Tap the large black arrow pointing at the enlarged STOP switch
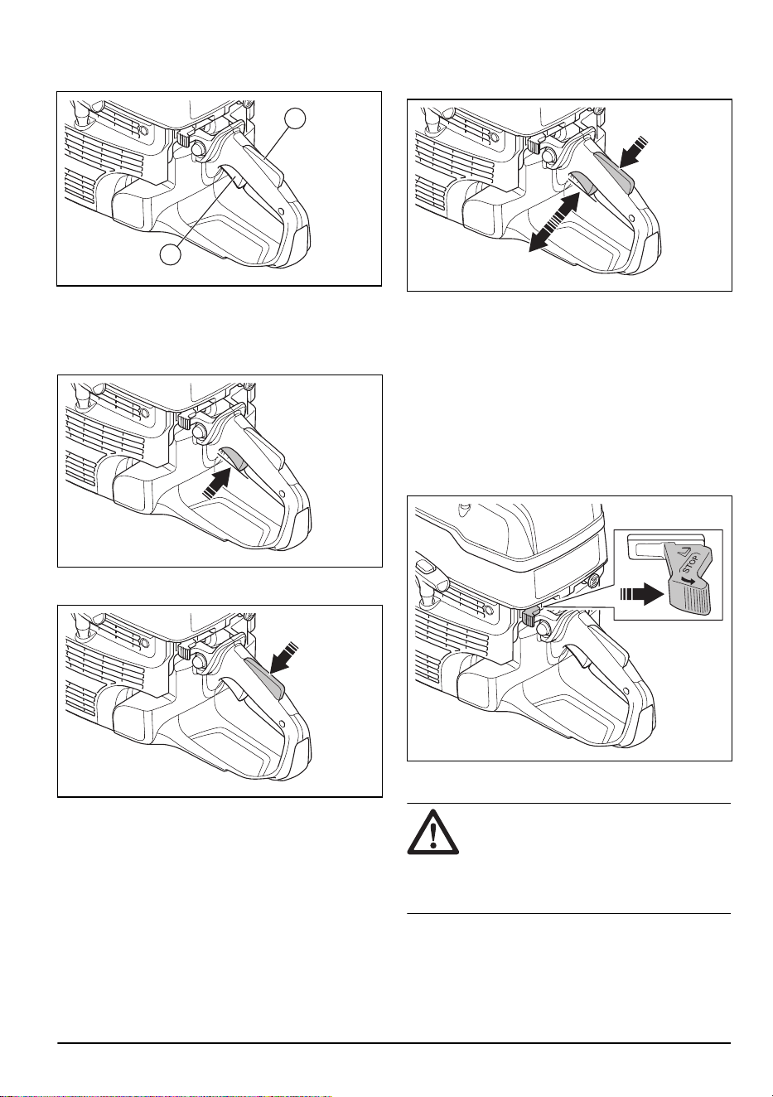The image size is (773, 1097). point(642,594)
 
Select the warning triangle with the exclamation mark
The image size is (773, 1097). point(433,833)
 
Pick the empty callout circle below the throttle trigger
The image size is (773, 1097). point(171,254)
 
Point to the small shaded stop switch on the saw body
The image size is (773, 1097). point(530,616)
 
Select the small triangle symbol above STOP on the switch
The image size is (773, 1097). point(693,552)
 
